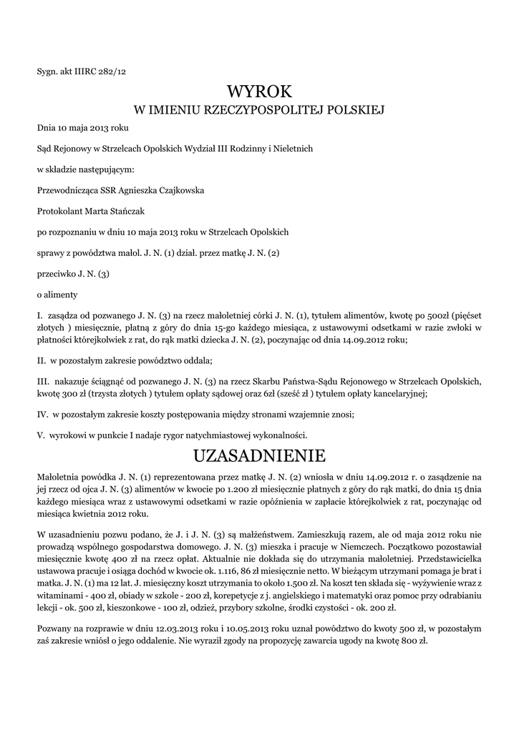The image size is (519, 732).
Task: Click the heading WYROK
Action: click(x=259, y=92)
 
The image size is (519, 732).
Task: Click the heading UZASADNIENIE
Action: click(x=259, y=455)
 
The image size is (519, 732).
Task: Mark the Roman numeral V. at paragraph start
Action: click(x=41, y=435)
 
